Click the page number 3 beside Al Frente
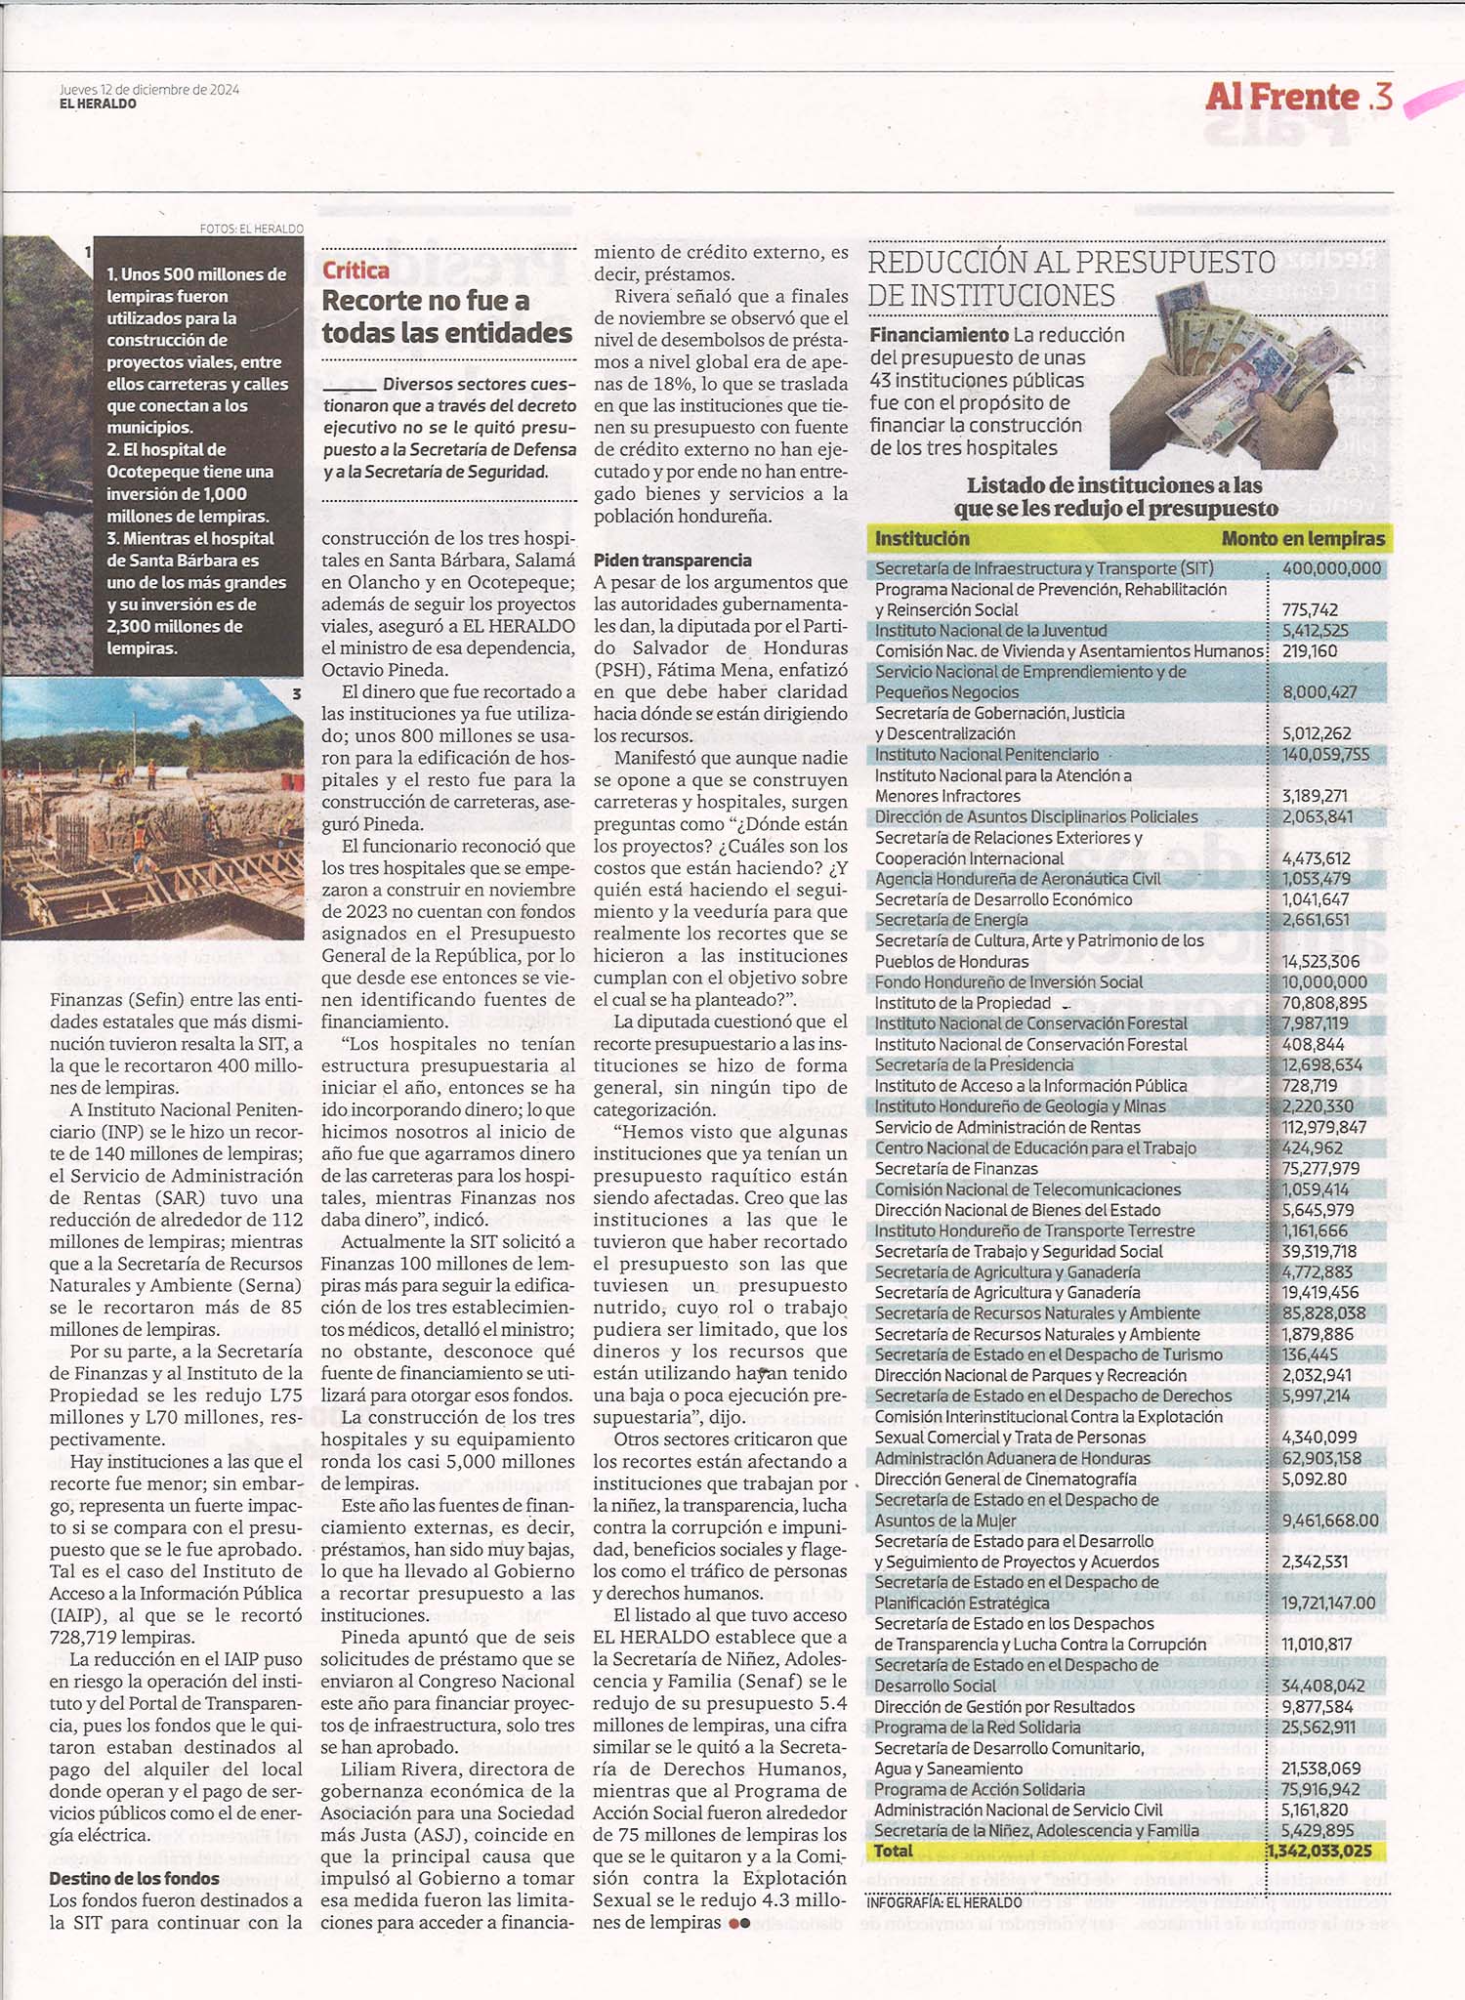pos(1381,97)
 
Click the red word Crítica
pos(356,271)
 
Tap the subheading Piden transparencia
pos(672,560)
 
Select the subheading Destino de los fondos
pos(134,1878)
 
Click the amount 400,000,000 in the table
pos(1331,568)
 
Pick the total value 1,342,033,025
pos(1319,1851)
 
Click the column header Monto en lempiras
pos(1302,538)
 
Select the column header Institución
pos(921,538)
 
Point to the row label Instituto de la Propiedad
pos(962,1003)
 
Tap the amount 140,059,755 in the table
pos(1325,754)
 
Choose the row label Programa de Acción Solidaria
pos(979,1789)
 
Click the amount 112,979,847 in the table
pos(1323,1127)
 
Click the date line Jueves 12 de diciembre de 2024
pos(148,90)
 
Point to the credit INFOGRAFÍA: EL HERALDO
pos(943,1902)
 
